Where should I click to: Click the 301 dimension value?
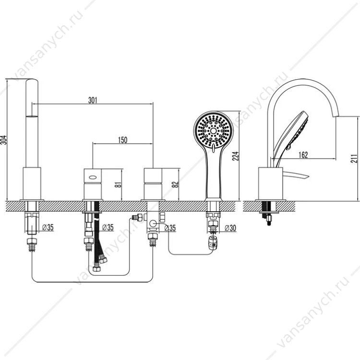pos(93,100)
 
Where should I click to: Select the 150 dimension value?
pos(122,140)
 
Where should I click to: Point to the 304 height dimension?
pos(4,140)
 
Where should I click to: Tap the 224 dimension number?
pos(236,156)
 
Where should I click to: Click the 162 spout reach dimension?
pos(303,155)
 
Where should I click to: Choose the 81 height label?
pos(118,184)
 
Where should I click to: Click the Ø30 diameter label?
pos(230,228)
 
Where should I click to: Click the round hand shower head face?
pos(214,131)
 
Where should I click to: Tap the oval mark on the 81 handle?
pos(93,177)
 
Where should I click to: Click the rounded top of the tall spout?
pos(32,80)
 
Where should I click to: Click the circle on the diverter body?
pos(153,223)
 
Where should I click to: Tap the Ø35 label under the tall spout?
pos(48,228)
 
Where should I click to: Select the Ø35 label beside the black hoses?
pos(108,228)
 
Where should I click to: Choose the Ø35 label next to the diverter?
pos(170,228)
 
